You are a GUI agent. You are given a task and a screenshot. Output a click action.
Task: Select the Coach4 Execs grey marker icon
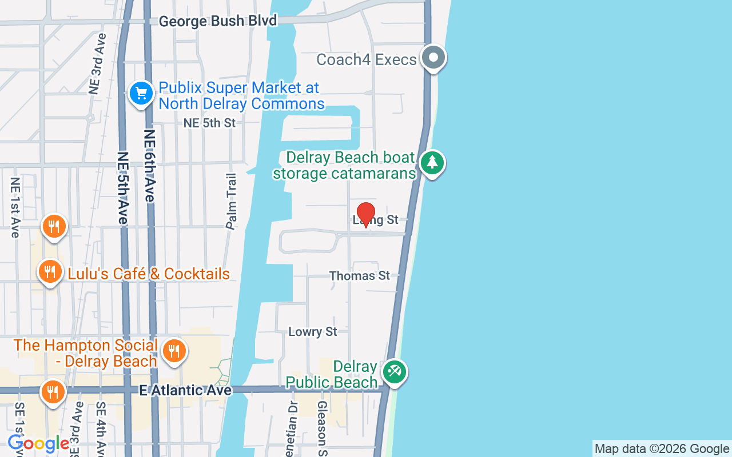coord(433,58)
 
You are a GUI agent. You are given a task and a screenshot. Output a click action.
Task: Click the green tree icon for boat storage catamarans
coord(432,163)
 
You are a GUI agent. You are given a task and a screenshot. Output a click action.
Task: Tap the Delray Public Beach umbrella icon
coord(394,372)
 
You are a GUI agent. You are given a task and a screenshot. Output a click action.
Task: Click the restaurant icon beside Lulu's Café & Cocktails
coord(50,272)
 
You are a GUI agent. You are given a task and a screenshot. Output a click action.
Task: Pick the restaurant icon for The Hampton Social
coord(174,351)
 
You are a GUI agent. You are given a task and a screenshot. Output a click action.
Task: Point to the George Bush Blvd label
coord(218,21)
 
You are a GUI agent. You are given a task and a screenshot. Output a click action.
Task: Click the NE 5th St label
coord(209,123)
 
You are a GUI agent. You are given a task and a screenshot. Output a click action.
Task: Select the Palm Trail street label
coord(232,201)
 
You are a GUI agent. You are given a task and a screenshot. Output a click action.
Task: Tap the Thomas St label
coord(360,276)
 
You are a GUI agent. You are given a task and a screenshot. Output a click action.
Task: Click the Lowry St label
coord(313,332)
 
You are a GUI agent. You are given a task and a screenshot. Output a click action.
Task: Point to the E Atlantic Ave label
coord(186,390)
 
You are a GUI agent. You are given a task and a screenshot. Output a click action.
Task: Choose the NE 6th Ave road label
coord(150,166)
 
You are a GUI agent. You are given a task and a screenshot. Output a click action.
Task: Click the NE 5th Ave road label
coord(123,188)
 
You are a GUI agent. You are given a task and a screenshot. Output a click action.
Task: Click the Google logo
coord(38,443)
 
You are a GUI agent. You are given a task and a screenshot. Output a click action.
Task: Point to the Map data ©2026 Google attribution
coord(662,449)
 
